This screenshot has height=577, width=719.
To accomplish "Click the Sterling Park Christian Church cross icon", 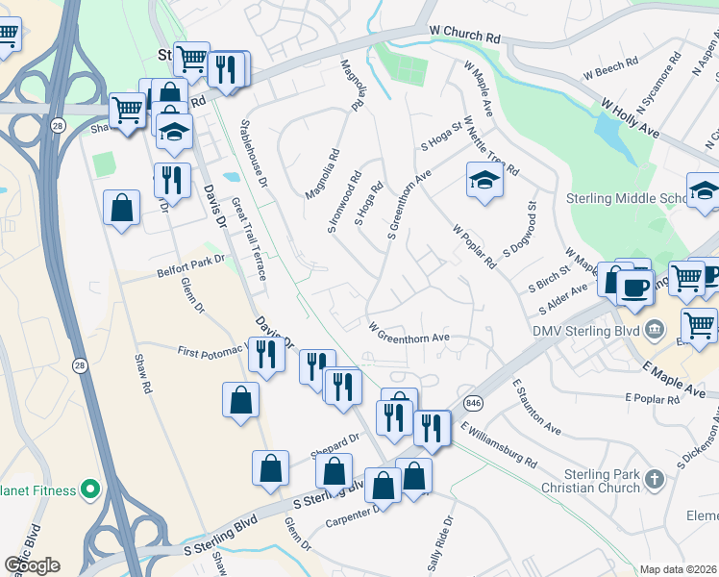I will pos(654,479).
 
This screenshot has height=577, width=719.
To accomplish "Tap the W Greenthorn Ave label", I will pos(409,332).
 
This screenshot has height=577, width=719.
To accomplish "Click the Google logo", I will pos(32,564).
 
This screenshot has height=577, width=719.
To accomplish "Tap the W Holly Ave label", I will pos(630,117).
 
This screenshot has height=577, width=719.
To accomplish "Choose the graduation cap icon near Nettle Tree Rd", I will pos(483,179).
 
